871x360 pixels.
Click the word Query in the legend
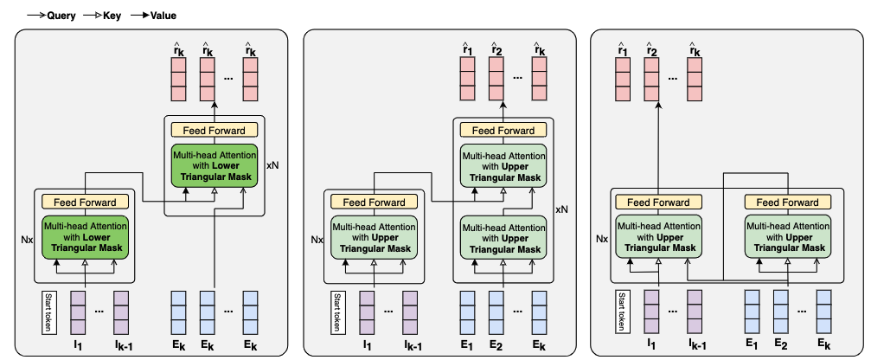coord(46,14)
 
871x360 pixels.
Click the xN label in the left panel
coord(272,164)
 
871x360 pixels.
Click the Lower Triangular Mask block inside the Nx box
coord(84,237)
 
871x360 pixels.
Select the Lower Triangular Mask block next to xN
coord(214,164)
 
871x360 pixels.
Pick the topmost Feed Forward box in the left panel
coord(214,131)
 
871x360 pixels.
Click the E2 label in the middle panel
coord(496,345)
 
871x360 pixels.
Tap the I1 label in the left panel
coord(78,345)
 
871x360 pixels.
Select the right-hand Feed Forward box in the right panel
coord(787,202)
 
